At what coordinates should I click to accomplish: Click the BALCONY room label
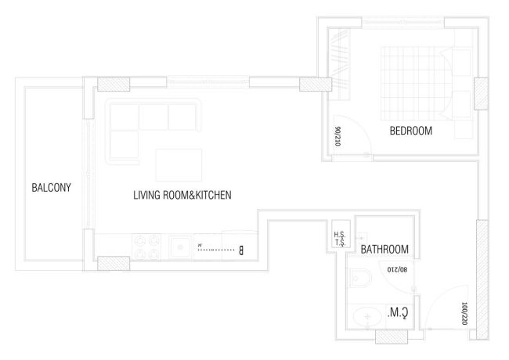click(x=52, y=188)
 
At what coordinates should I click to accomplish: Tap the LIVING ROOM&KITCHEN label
click(x=182, y=195)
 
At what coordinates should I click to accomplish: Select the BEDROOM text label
click(x=410, y=131)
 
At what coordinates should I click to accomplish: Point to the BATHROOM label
click(x=384, y=250)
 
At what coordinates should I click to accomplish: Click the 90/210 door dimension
click(x=338, y=137)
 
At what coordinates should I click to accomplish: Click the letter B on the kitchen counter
click(x=241, y=250)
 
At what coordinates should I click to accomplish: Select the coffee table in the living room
click(x=174, y=164)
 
